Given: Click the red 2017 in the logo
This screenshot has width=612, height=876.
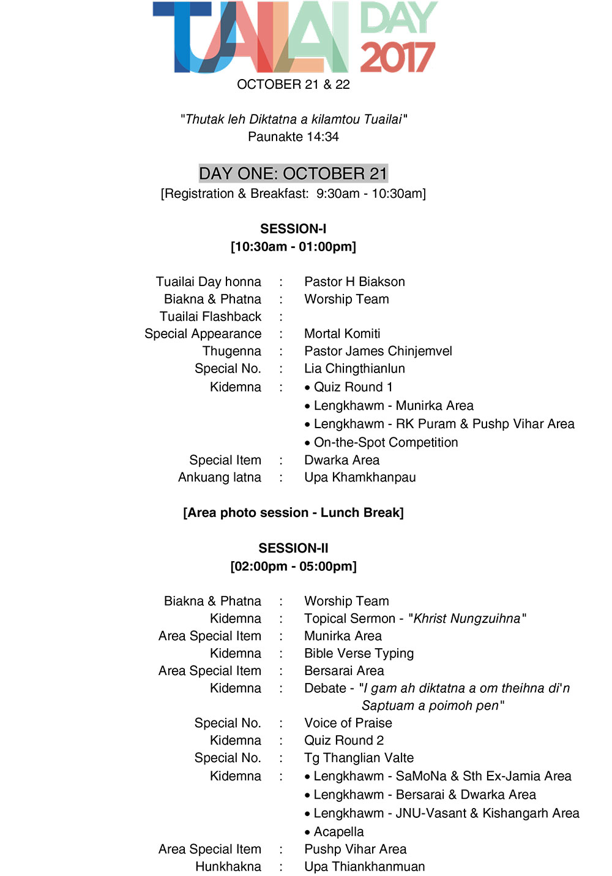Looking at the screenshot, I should point(398,58).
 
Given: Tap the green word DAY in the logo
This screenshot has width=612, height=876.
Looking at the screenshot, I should point(398,18).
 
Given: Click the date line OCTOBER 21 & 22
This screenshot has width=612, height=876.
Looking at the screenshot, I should point(293,85).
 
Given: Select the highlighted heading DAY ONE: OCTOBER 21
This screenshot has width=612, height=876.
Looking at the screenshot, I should point(293,173).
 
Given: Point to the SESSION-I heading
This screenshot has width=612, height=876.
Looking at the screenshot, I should point(293,228).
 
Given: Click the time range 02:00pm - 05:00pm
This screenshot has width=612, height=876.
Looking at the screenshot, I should point(293,566).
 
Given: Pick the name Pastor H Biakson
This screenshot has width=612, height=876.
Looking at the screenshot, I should point(354,282).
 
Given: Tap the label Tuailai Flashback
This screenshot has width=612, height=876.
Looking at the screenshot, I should point(211,317).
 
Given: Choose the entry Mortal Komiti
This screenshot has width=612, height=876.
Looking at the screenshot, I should point(342,334).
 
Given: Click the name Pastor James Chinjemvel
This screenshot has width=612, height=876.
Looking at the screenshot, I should point(378,351).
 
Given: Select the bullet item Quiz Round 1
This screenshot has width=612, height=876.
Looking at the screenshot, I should point(353,387).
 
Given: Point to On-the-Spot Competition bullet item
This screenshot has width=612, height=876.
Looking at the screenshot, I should point(386,442).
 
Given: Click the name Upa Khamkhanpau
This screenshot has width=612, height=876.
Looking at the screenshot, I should point(360,477).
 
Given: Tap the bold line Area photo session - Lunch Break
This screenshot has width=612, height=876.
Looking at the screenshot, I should point(293,513).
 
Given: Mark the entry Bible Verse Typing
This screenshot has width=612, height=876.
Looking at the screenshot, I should point(359,654).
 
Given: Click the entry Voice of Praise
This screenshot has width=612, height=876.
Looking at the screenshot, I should point(348,723).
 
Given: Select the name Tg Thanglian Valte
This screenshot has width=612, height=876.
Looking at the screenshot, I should point(359,758).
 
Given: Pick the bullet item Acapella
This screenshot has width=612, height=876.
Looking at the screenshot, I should point(338,832).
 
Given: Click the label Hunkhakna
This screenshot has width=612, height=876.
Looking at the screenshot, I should point(228,867).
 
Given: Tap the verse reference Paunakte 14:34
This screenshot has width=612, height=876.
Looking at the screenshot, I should point(293,137).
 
